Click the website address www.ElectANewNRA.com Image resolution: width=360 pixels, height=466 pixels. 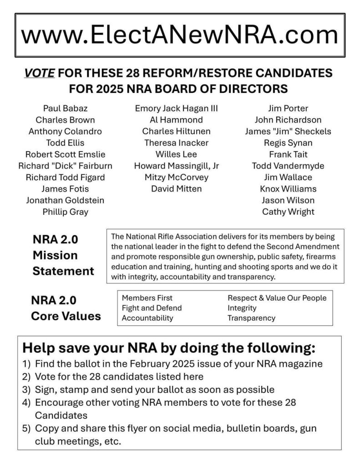[x=180, y=35]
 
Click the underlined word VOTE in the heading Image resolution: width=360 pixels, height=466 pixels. [x=40, y=73]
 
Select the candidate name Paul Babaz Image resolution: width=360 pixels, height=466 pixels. [x=65, y=108]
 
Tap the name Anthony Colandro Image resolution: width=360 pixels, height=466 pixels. [x=65, y=132]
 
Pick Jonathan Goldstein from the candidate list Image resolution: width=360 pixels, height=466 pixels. [x=65, y=200]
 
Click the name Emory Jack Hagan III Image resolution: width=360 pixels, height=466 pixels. [x=176, y=108]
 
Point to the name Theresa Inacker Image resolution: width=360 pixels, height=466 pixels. [x=176, y=143]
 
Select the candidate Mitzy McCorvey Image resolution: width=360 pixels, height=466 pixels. [x=176, y=177]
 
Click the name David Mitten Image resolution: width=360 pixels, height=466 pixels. [x=176, y=188]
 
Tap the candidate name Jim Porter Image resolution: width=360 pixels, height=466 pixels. [x=288, y=108]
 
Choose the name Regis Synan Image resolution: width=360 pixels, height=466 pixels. [x=288, y=143]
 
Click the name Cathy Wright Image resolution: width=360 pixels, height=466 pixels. [x=288, y=212]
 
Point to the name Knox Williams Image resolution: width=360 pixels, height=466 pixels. [x=288, y=188]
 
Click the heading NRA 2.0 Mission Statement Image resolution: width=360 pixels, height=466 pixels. [x=63, y=255]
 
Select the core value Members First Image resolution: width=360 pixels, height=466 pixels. [x=147, y=298]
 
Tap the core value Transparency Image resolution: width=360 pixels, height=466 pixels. [x=251, y=318]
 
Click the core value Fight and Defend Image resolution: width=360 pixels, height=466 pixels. [x=152, y=308]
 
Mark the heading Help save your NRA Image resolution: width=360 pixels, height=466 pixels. [x=168, y=349]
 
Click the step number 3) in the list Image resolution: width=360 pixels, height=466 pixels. [x=26, y=390]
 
